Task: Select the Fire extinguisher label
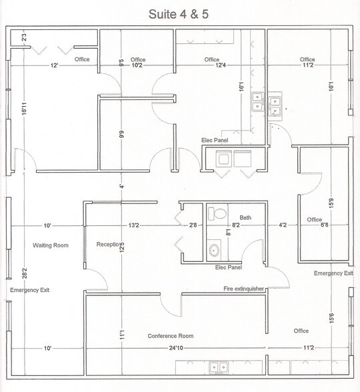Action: pos(245,289)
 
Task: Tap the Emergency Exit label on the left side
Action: pos(29,290)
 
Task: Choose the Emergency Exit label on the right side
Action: pos(333,273)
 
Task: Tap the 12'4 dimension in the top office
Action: pos(211,65)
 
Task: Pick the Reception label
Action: pos(107,244)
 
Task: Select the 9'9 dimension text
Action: pos(121,133)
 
